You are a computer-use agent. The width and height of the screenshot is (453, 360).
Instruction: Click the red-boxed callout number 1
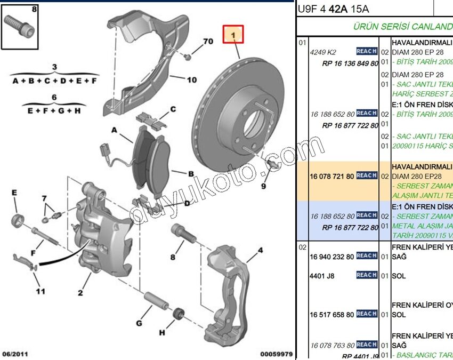point(233,36)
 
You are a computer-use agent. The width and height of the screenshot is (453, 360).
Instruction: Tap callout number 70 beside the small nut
point(208,41)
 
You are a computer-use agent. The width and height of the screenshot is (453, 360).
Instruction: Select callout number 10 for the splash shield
point(191,80)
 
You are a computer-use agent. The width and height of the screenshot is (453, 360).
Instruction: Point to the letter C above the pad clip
point(173,110)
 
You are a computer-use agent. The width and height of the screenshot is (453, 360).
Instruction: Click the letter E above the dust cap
point(14,193)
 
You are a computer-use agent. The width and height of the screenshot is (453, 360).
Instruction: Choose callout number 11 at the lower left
point(41,291)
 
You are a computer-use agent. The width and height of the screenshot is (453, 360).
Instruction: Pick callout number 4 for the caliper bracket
point(261,250)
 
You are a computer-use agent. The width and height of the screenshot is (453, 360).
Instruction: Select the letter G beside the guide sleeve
point(139,323)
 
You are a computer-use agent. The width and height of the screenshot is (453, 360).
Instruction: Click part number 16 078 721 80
point(331,176)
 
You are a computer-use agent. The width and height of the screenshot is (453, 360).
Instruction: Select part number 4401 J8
point(322,276)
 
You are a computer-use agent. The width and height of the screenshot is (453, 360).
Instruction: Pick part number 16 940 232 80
point(331,256)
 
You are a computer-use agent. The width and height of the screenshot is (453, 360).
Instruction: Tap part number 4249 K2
point(323,52)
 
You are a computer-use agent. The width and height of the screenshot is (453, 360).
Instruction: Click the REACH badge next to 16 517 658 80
point(367,314)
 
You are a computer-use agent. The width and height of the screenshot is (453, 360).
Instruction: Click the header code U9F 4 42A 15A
point(333,9)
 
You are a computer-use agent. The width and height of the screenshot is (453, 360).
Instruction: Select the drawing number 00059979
point(276,354)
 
